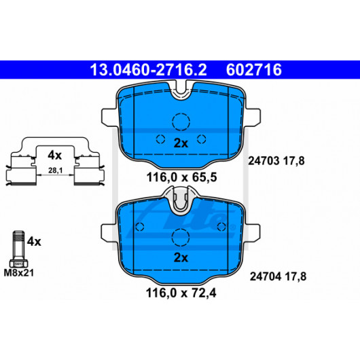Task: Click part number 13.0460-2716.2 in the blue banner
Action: [x=148, y=70]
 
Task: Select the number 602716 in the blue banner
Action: [x=254, y=70]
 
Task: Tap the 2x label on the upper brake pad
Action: [x=181, y=143]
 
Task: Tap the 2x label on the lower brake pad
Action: [x=181, y=257]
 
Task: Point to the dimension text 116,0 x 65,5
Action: [x=181, y=177]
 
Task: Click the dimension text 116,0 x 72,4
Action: [x=181, y=293]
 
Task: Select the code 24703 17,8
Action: [x=276, y=161]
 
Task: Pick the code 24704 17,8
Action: [x=278, y=276]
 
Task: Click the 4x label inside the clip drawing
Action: [x=54, y=156]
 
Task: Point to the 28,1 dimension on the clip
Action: [x=55, y=170]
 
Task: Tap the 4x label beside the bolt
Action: [x=34, y=242]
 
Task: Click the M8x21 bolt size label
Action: [x=19, y=273]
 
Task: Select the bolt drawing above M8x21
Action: [x=18, y=249]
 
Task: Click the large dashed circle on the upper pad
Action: [x=181, y=122]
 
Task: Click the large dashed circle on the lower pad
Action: [x=181, y=238]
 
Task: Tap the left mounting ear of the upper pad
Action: [x=109, y=118]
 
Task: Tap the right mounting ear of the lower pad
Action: [x=253, y=233]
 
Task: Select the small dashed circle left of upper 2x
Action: [x=160, y=139]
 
